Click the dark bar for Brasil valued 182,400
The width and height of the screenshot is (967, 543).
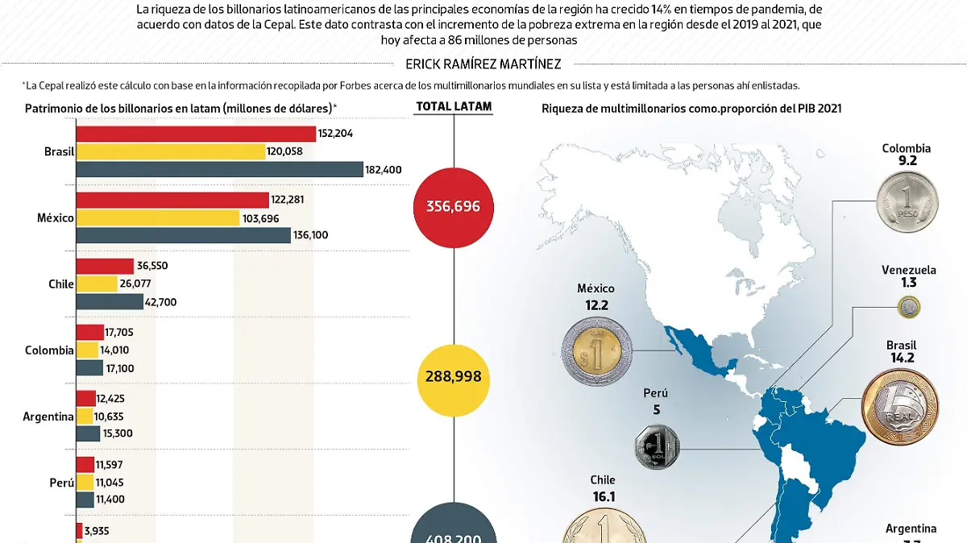pyautogui.click(x=219, y=169)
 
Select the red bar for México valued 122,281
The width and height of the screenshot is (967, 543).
pyautogui.click(x=172, y=200)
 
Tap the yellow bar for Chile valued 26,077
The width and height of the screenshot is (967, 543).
pyautogui.click(x=97, y=284)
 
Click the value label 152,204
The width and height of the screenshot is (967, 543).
pyautogui.click(x=338, y=134)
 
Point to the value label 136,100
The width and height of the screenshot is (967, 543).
pyautogui.click(x=312, y=235)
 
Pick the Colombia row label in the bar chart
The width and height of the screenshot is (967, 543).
pyautogui.click(x=49, y=350)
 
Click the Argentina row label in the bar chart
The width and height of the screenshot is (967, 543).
pyautogui.click(x=48, y=417)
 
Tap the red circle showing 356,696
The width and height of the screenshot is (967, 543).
pyautogui.click(x=453, y=207)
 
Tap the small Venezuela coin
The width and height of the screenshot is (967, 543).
pyautogui.click(x=910, y=307)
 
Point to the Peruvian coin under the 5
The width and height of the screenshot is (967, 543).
pyautogui.click(x=657, y=446)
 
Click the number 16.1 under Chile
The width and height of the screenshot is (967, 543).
pyautogui.click(x=602, y=498)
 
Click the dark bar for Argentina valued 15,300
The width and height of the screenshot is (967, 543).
pyautogui.click(x=88, y=433)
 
